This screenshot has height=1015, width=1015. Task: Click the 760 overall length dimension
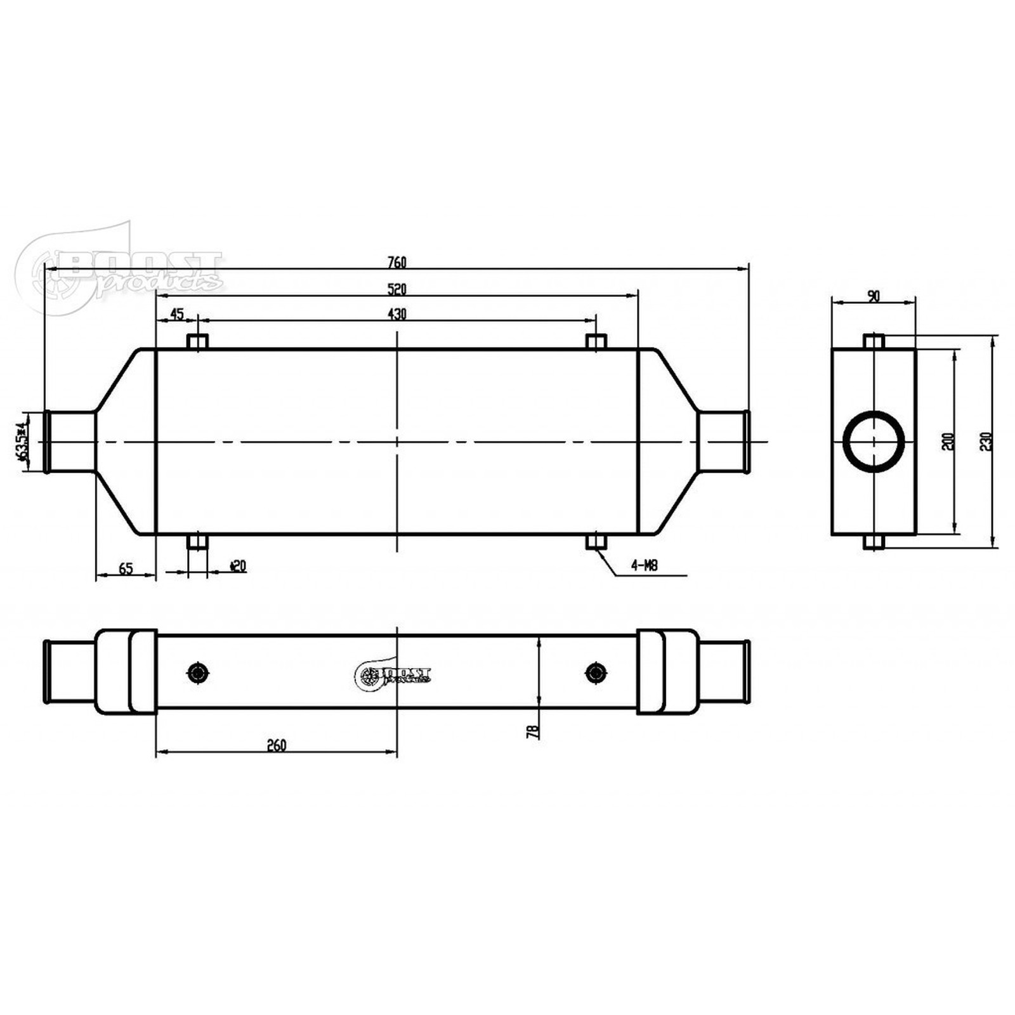(396, 262)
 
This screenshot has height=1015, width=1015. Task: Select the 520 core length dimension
(396, 289)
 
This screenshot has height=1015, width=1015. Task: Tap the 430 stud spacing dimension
(396, 313)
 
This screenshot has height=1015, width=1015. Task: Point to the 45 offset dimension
(177, 313)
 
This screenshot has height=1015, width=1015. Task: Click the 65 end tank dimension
(126, 568)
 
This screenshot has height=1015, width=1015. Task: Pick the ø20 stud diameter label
(238, 565)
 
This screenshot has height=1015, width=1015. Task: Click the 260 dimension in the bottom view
(277, 745)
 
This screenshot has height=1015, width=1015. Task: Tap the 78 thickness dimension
(533, 731)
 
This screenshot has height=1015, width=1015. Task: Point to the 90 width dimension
(874, 296)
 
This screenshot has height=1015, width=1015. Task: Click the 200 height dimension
(948, 442)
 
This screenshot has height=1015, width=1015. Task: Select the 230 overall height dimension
(985, 442)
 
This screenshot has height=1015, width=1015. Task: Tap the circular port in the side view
(874, 442)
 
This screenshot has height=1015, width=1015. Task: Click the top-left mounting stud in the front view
(198, 342)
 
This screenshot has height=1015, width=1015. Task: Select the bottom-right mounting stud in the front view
(596, 542)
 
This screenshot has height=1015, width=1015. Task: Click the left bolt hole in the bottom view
(199, 672)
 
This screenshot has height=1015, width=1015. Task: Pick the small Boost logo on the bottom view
(393, 675)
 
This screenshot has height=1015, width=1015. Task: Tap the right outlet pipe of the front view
(723, 442)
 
